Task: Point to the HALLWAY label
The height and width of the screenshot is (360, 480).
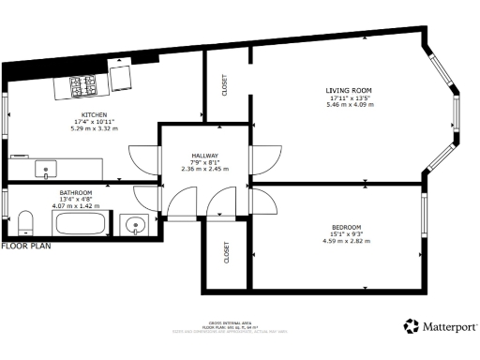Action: coord(204,157)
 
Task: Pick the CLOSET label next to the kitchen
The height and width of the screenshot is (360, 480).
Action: coord(224,84)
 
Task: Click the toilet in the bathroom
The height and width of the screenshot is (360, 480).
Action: coord(25,223)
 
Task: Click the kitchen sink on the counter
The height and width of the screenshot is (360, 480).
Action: coord(46,170)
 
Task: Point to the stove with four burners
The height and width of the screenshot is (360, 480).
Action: coord(84,86)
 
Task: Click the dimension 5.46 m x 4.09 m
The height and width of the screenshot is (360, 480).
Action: coord(351,104)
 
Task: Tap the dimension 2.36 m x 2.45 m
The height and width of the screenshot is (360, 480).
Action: coord(204,170)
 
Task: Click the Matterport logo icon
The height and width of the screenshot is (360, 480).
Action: coord(412,326)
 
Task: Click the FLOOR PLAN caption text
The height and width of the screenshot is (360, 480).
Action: coord(25,247)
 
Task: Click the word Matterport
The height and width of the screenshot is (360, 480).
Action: coord(450,327)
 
